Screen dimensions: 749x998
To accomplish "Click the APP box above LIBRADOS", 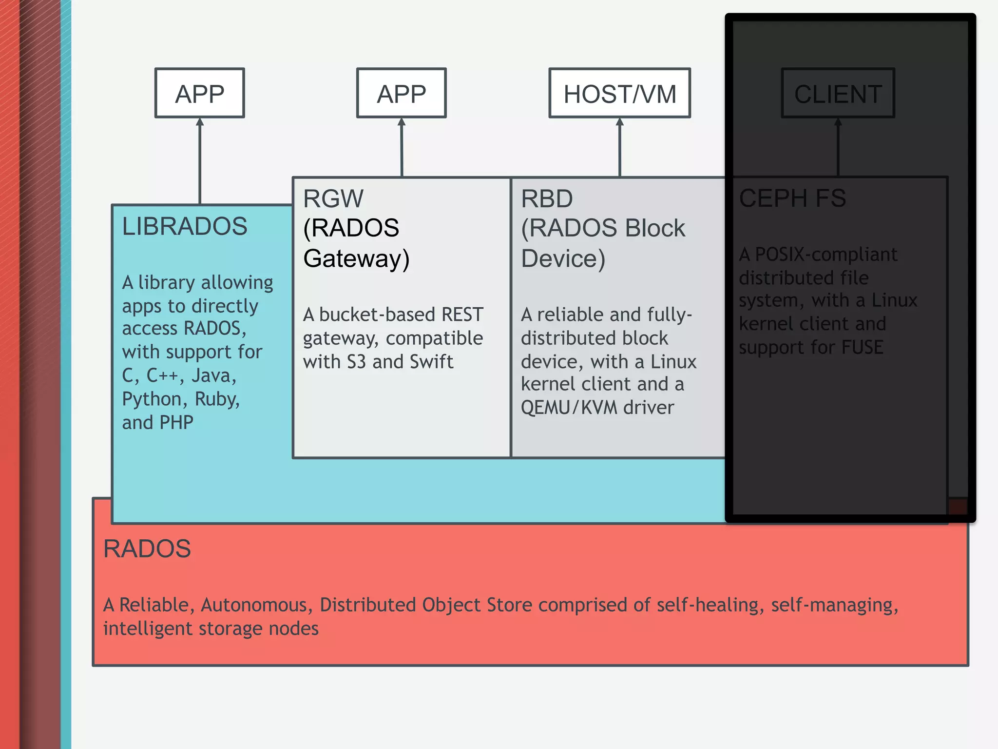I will (200, 93).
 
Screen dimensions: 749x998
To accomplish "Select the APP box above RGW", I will (401, 93).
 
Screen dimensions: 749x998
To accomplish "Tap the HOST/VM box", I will (619, 93).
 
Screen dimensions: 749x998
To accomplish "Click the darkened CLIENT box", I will (838, 93).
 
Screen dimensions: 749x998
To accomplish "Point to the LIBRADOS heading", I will (185, 226).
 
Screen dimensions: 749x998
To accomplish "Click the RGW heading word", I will (333, 198).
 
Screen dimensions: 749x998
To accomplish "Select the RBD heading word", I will (547, 198).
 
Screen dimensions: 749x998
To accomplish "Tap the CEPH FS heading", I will (792, 198).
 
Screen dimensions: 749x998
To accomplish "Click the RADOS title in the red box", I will (147, 549).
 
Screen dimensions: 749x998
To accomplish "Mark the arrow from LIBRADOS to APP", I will (200, 161).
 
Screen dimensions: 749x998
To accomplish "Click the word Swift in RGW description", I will (431, 362).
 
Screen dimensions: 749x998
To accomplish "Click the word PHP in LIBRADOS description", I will (176, 422).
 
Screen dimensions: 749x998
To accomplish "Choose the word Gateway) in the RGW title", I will (356, 258).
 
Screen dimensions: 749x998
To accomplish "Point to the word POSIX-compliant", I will (826, 255).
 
